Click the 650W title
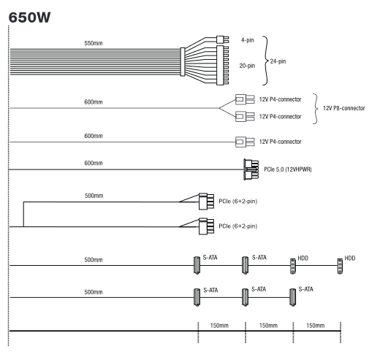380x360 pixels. (29, 18)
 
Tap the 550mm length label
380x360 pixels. (94, 43)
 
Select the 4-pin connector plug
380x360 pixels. (222, 39)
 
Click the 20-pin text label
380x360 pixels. (247, 66)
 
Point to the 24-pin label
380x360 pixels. (278, 61)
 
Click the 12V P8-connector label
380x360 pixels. (344, 108)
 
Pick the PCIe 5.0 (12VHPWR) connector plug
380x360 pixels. (251, 169)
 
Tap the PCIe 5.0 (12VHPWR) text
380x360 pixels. (288, 169)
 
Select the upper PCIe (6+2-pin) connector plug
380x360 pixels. (206, 202)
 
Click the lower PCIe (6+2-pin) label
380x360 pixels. (238, 226)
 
